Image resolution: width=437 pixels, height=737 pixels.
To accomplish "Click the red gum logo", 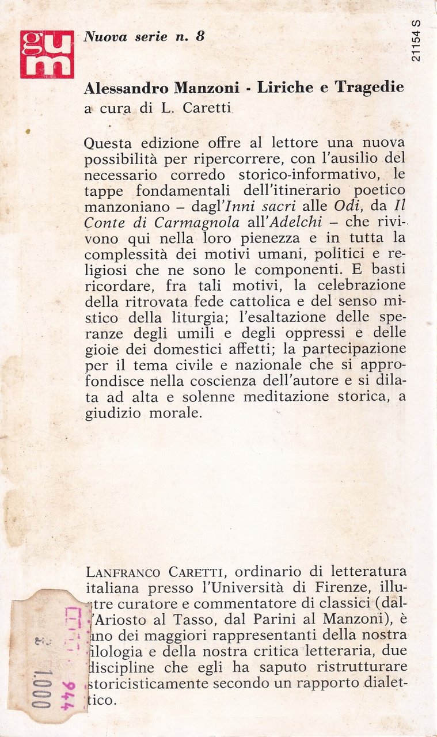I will pos(47,54).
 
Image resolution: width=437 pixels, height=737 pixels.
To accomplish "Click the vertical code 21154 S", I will pos(417,41).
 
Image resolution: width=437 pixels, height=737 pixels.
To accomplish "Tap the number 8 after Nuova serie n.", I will pos(200,36).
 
